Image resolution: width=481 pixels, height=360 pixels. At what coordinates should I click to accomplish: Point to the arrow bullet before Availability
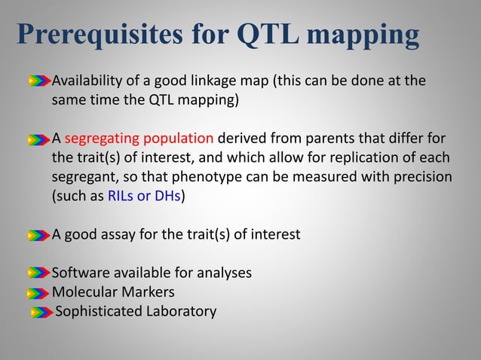39,81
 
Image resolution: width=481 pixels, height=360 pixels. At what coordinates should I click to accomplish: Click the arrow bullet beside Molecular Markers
39,292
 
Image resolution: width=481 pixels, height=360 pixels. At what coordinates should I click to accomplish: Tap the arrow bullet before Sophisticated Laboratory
41,312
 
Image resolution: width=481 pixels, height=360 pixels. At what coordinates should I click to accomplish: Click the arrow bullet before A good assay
39,235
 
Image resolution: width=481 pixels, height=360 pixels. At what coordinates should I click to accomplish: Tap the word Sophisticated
95,311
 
